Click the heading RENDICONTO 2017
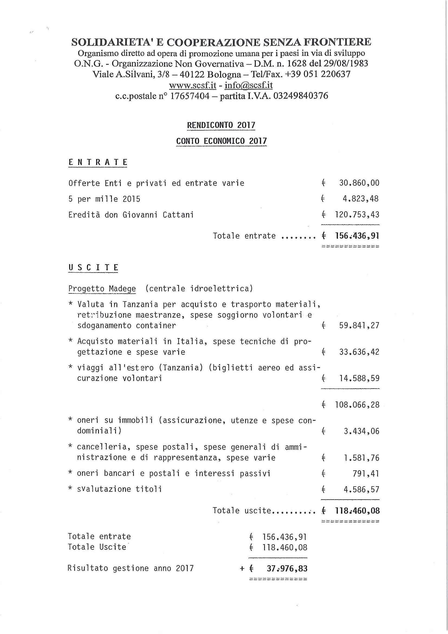pos(221,125)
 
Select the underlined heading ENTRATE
pos(98,162)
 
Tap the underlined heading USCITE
pos(93,268)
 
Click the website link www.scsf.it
pos(192,85)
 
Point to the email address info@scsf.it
pos(249,85)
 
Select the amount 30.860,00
pos(359,183)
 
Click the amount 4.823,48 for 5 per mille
pos(361,199)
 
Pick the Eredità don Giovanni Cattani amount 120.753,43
pos(357,215)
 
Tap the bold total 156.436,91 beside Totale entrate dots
pos(357,236)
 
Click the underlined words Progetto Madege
pos(102,289)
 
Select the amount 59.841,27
pos(359,325)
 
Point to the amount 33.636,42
pos(359,352)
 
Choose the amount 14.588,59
pos(359,378)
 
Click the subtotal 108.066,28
pos(357,405)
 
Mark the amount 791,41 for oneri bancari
pos(365,474)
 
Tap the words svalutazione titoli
pos(119,489)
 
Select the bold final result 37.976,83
pos(287,568)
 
